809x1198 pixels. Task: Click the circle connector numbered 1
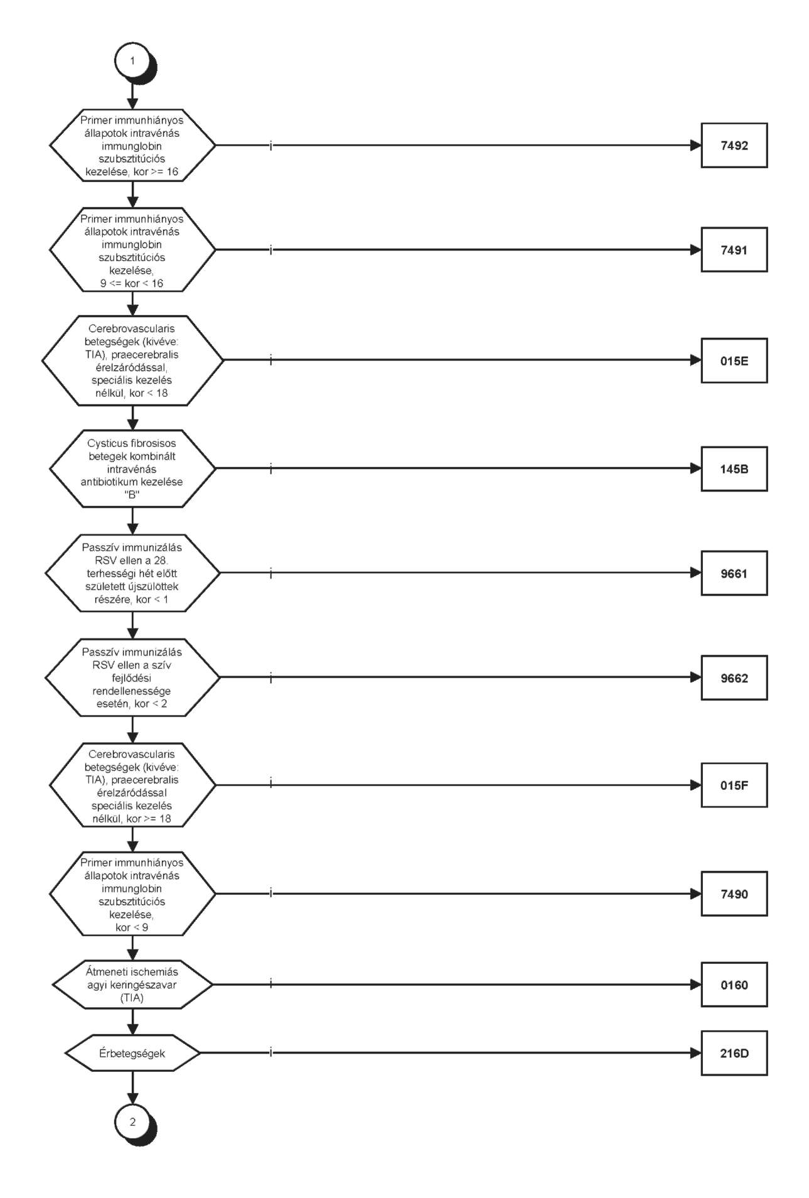[132, 61]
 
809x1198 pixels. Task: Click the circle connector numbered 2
[132, 1121]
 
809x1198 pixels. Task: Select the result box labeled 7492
[734, 145]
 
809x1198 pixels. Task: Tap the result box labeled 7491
[734, 249]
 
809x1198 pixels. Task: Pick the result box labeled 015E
[734, 360]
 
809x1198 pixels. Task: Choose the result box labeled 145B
[734, 468]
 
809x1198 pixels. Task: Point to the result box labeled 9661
[734, 573]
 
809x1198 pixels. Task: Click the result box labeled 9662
[734, 677]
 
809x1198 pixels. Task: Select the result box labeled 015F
[734, 785]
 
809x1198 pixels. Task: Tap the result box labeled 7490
[734, 893]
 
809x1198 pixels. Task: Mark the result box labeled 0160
[734, 985]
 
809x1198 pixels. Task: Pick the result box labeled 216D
[734, 1053]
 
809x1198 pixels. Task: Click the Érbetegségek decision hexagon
[132, 1053]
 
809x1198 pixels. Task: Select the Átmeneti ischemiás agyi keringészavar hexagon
[132, 985]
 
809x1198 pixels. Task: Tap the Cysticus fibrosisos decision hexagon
[132, 468]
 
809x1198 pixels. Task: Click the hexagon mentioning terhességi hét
[132, 573]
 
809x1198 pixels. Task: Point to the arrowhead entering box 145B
[695, 468]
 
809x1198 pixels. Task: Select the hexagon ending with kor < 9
[132, 893]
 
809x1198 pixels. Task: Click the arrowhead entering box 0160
[695, 985]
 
